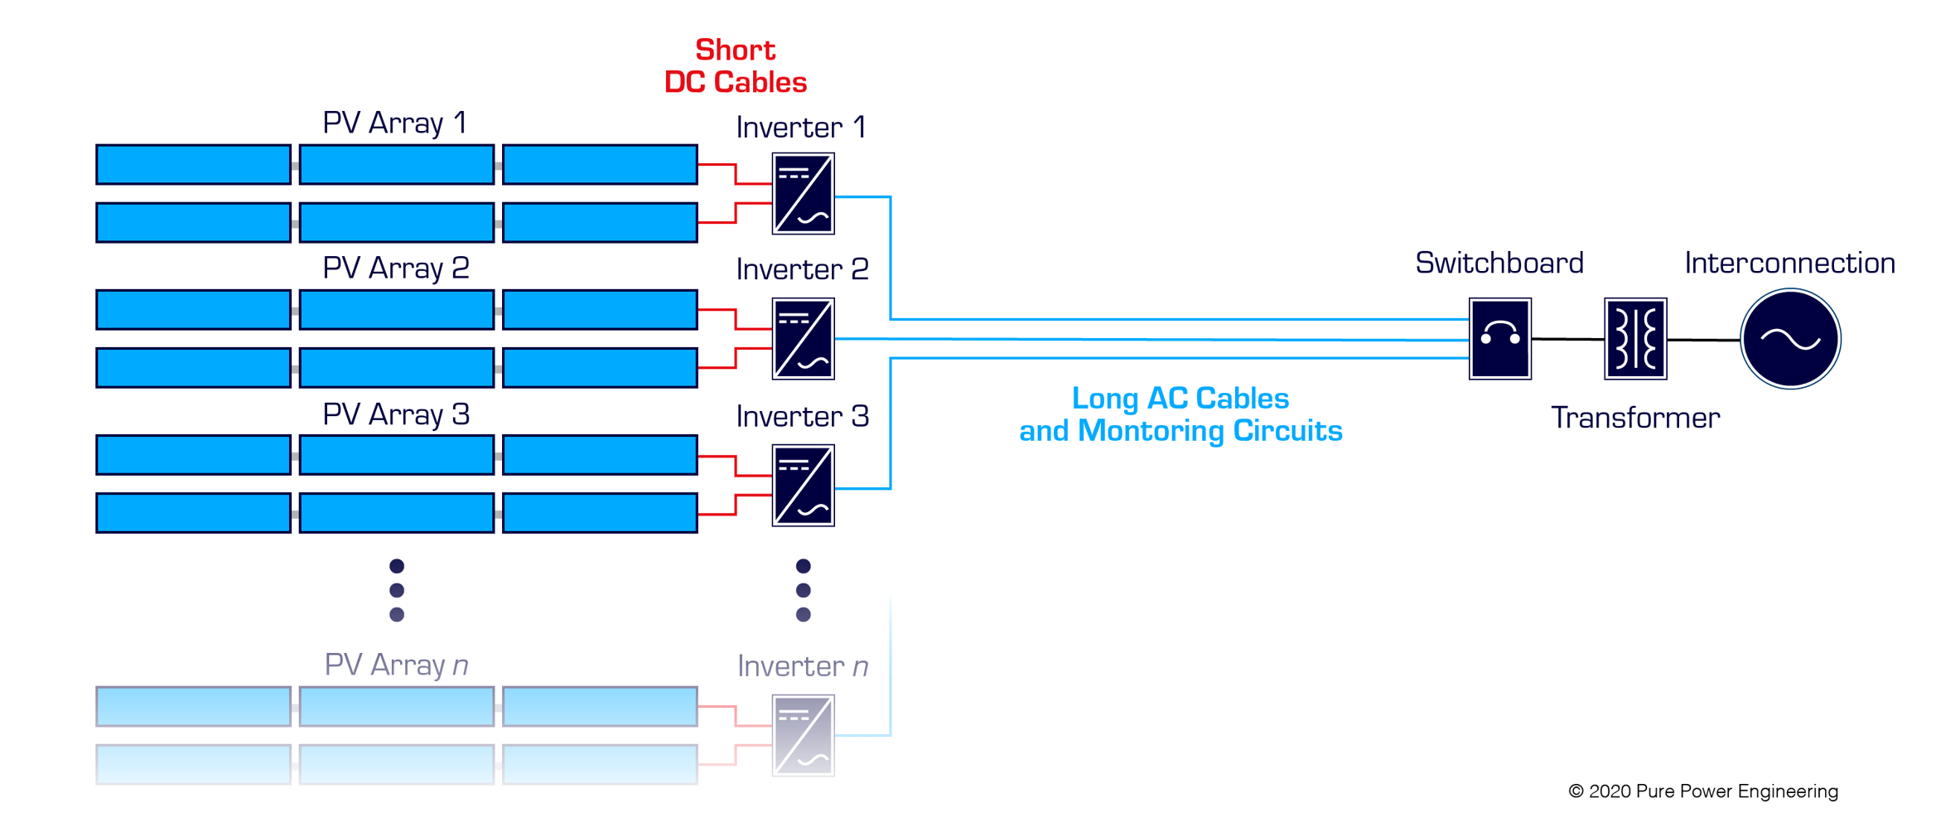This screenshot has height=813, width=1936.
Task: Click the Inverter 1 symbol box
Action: (803, 194)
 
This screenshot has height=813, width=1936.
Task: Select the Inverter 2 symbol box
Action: (803, 339)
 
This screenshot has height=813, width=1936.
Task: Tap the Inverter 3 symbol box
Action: (803, 485)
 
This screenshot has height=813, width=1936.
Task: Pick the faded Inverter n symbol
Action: (803, 735)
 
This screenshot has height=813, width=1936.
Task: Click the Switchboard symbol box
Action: (1499, 338)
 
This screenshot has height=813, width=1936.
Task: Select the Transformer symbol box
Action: (1634, 338)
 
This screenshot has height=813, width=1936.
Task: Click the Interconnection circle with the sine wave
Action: (1789, 338)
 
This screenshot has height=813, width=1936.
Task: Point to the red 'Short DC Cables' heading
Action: (735, 66)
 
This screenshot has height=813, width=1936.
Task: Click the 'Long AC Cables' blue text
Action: (1180, 399)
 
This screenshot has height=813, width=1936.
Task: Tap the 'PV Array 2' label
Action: (396, 269)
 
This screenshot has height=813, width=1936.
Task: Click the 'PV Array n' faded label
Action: (396, 665)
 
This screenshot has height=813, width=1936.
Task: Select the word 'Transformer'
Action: (1634, 418)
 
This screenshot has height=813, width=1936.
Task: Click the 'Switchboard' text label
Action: (1499, 263)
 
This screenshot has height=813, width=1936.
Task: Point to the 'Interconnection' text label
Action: (1789, 263)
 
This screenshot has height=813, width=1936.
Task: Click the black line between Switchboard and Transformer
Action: (1567, 339)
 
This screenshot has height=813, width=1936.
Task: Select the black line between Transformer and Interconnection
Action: (1702, 340)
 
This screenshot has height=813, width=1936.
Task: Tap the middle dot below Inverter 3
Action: (803, 590)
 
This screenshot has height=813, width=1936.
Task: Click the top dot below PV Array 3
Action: (397, 566)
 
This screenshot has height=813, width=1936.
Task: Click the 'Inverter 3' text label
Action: (802, 416)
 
